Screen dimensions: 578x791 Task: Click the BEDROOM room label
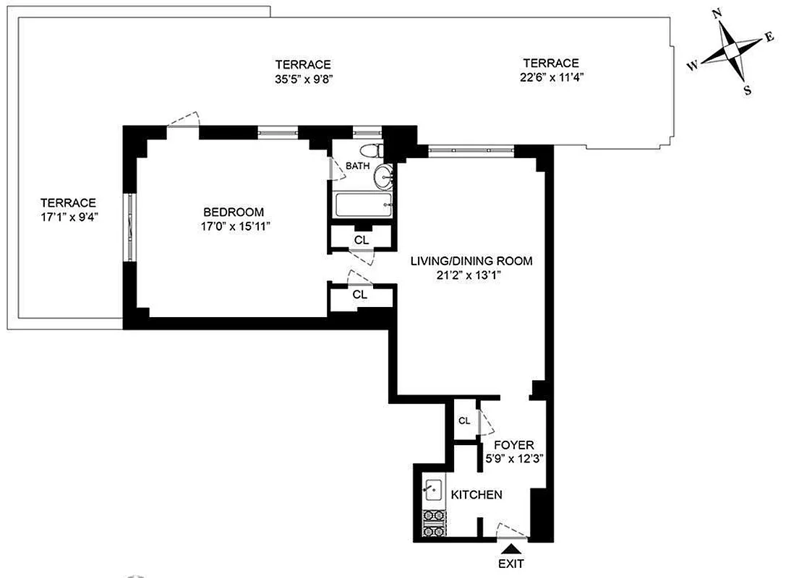[x=233, y=212]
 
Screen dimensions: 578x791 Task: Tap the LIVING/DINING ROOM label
[x=471, y=261]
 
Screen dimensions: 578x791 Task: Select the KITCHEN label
[x=476, y=495]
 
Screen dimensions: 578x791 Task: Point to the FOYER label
[x=513, y=446]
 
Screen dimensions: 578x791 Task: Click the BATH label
[x=357, y=165]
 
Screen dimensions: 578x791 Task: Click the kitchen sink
[x=434, y=491]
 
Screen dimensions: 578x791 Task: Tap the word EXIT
[x=510, y=564]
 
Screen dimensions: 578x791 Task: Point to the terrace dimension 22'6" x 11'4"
[x=551, y=77]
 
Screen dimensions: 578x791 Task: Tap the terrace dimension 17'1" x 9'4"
[x=68, y=216]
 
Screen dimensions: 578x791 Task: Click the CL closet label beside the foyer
[x=465, y=420]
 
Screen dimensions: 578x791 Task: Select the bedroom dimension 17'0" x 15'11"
[x=233, y=226]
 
